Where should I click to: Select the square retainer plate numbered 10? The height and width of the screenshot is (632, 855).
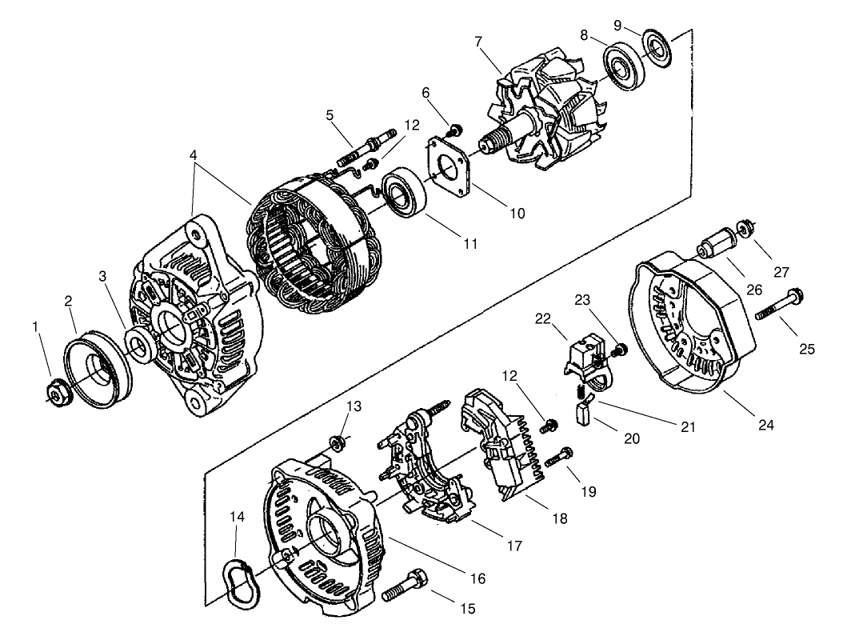tap(449, 171)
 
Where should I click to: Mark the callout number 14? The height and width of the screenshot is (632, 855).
tap(238, 517)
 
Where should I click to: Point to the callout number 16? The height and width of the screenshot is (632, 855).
tap(477, 578)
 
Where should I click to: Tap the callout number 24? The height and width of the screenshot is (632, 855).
tap(765, 425)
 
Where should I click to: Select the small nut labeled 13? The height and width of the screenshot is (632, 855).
tap(337, 442)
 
